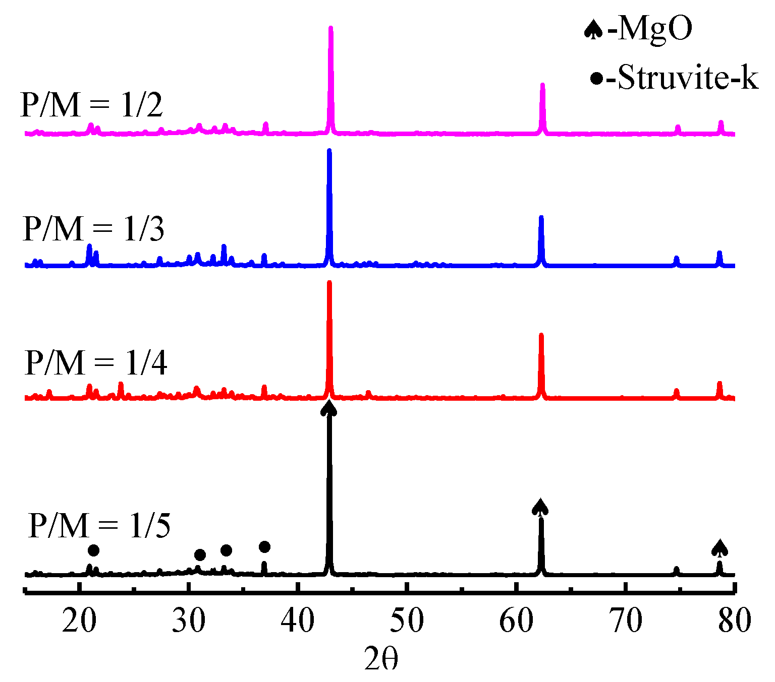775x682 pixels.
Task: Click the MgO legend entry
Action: coord(638,29)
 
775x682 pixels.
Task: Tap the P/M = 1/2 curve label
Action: coord(91,105)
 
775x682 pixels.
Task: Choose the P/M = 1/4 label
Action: coord(96,362)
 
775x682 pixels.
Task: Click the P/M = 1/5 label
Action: coord(99,526)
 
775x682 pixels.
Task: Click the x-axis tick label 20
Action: coord(79,621)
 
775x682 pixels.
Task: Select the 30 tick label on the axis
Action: coord(189,621)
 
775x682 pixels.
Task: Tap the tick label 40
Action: coord(298,621)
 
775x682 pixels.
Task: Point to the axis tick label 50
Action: coord(407,621)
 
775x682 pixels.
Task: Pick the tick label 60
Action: coord(516,621)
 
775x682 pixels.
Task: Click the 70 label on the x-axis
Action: coord(626,621)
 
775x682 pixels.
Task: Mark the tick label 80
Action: coord(735,621)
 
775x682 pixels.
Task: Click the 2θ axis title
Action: coord(381,659)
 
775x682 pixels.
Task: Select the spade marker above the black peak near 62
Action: coord(540,507)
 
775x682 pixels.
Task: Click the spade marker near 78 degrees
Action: coord(719,547)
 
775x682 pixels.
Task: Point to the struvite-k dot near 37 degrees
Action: coord(264,547)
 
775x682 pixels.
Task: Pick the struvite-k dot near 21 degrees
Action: coord(93,550)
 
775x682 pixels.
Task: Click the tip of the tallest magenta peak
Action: coord(331,28)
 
